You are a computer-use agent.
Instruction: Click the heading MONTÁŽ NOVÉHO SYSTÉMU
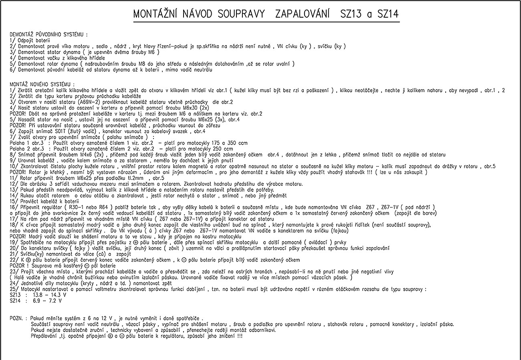pos(42,84)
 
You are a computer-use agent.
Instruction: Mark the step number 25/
pos(13,289)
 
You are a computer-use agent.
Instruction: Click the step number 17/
pos(13,219)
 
